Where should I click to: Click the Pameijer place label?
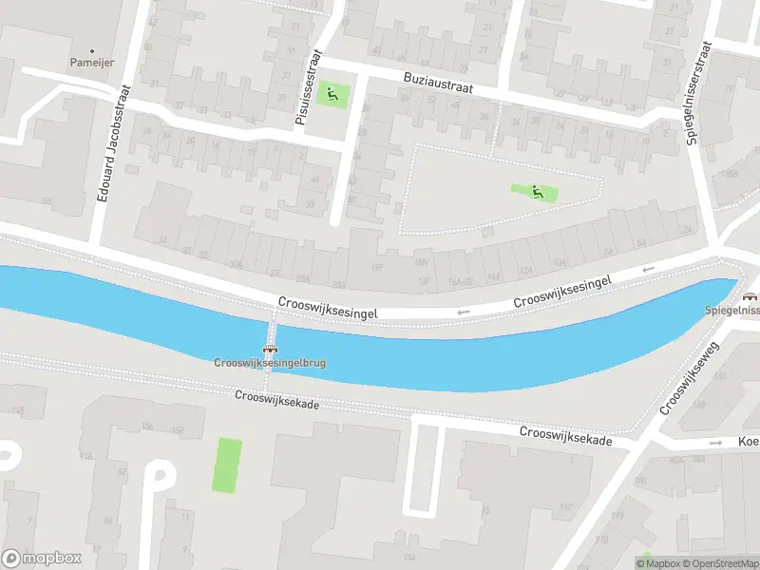[x=92, y=62]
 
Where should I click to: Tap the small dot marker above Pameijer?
[x=92, y=49]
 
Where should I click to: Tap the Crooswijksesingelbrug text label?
[x=271, y=363]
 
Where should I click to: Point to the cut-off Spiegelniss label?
[x=732, y=311]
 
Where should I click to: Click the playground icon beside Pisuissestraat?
[x=332, y=93]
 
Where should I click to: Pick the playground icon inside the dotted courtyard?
[x=536, y=192]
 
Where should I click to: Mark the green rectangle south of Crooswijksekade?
[x=227, y=465]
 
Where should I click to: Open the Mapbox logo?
[x=42, y=558]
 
